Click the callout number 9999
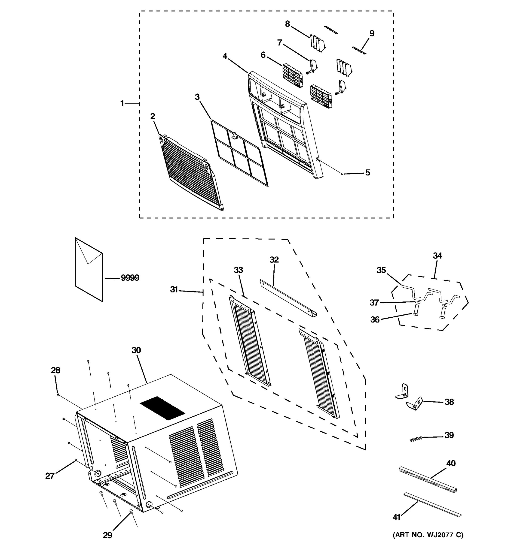[130, 278]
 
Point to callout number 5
[368, 173]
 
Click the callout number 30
[136, 350]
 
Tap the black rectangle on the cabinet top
[162, 408]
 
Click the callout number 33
[238, 270]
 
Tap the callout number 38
[449, 402]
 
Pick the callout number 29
[107, 535]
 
